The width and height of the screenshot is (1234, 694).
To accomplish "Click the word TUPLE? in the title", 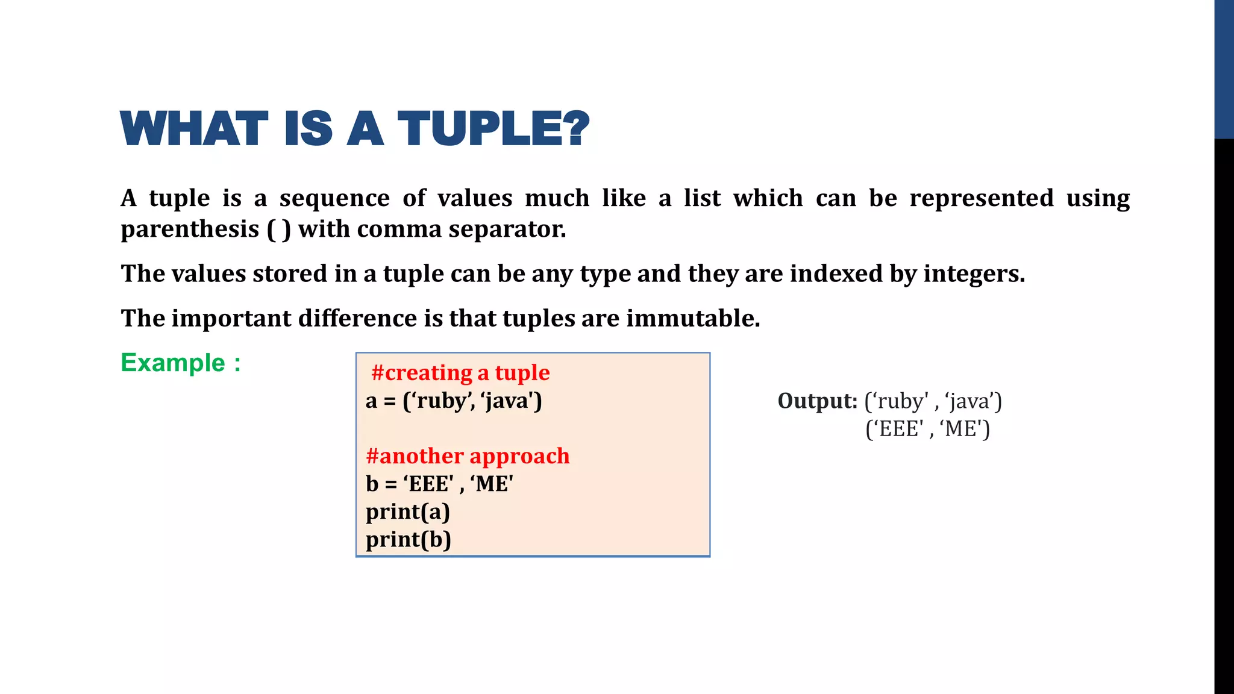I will (493, 128).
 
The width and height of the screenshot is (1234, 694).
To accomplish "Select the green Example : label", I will (181, 363).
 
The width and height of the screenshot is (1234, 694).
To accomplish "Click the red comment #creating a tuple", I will (460, 373).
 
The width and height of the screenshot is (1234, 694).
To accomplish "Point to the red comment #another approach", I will (468, 456).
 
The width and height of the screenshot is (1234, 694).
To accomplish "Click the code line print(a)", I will (408, 511).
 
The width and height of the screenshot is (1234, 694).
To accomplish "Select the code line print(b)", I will (409, 539).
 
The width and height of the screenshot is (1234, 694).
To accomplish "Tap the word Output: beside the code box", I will (817, 401).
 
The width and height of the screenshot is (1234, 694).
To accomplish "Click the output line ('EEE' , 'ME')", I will (927, 429).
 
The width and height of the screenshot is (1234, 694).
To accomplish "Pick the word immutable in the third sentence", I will (693, 318).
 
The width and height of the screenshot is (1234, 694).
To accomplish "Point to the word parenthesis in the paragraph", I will (190, 230).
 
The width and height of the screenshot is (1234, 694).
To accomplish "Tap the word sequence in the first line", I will (334, 198).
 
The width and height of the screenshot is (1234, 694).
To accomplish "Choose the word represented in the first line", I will (982, 198).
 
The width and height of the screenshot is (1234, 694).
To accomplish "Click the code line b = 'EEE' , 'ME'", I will (439, 484).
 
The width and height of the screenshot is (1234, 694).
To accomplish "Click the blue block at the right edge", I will (1224, 69).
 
